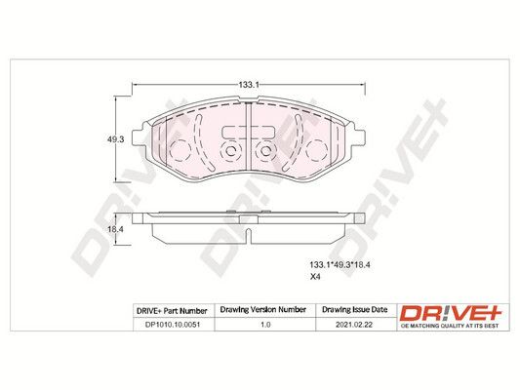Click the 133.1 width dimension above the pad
249,85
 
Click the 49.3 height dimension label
115,139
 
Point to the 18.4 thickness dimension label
115,229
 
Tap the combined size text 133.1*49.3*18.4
340,265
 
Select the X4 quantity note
315,277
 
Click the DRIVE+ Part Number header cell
172,311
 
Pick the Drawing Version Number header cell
263,310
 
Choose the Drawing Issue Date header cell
355,310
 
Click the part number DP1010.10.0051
173,325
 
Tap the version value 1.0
265,325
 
